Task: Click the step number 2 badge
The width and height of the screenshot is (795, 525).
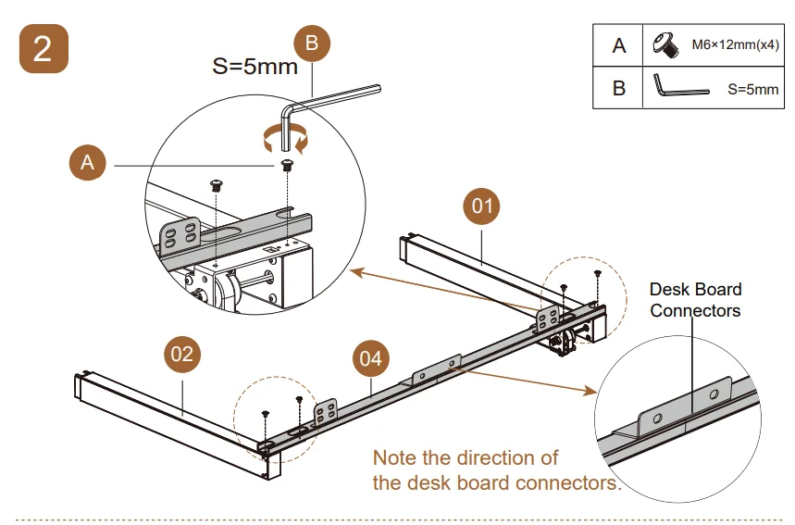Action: click(x=43, y=49)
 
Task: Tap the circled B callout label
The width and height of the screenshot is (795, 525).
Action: click(x=312, y=43)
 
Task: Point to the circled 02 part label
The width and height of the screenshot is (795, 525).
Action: click(x=183, y=353)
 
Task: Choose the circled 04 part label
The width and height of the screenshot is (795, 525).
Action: click(x=370, y=358)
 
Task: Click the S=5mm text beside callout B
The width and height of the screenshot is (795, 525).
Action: click(x=255, y=67)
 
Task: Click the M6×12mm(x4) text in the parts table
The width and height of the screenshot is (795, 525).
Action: click(x=736, y=44)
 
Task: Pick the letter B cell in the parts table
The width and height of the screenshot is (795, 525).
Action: click(x=618, y=88)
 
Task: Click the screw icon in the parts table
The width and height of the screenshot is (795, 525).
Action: click(x=664, y=44)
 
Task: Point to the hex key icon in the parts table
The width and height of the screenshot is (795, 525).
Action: click(x=679, y=87)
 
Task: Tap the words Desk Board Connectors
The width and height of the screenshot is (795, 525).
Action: click(x=694, y=300)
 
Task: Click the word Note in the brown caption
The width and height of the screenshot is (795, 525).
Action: click(x=393, y=457)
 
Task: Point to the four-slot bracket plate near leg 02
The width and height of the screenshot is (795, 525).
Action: click(x=327, y=412)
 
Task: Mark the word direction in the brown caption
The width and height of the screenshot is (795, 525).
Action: click(x=496, y=457)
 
